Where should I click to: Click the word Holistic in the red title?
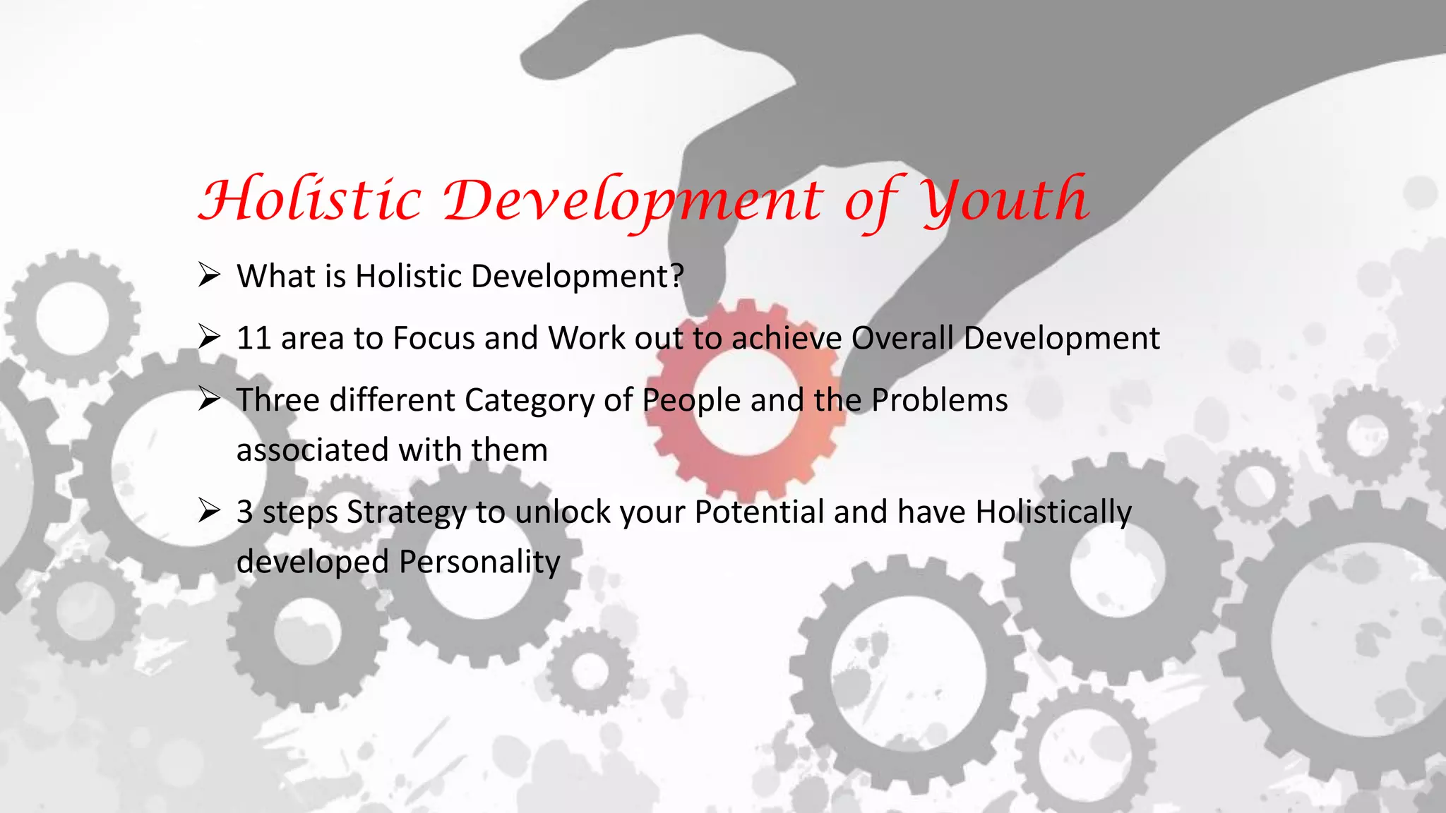coord(311,200)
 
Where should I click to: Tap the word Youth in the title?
coord(1006,200)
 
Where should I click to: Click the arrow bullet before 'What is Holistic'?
coord(210,275)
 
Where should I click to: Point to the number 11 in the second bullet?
coord(253,338)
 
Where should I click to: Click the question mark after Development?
coord(677,276)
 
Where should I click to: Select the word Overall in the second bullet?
coord(902,338)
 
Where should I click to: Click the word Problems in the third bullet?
coord(939,400)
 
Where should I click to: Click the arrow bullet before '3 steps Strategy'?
coord(210,510)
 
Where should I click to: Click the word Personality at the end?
coord(479,562)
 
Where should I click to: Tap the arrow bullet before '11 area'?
coord(210,337)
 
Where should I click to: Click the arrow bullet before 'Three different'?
coord(210,399)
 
